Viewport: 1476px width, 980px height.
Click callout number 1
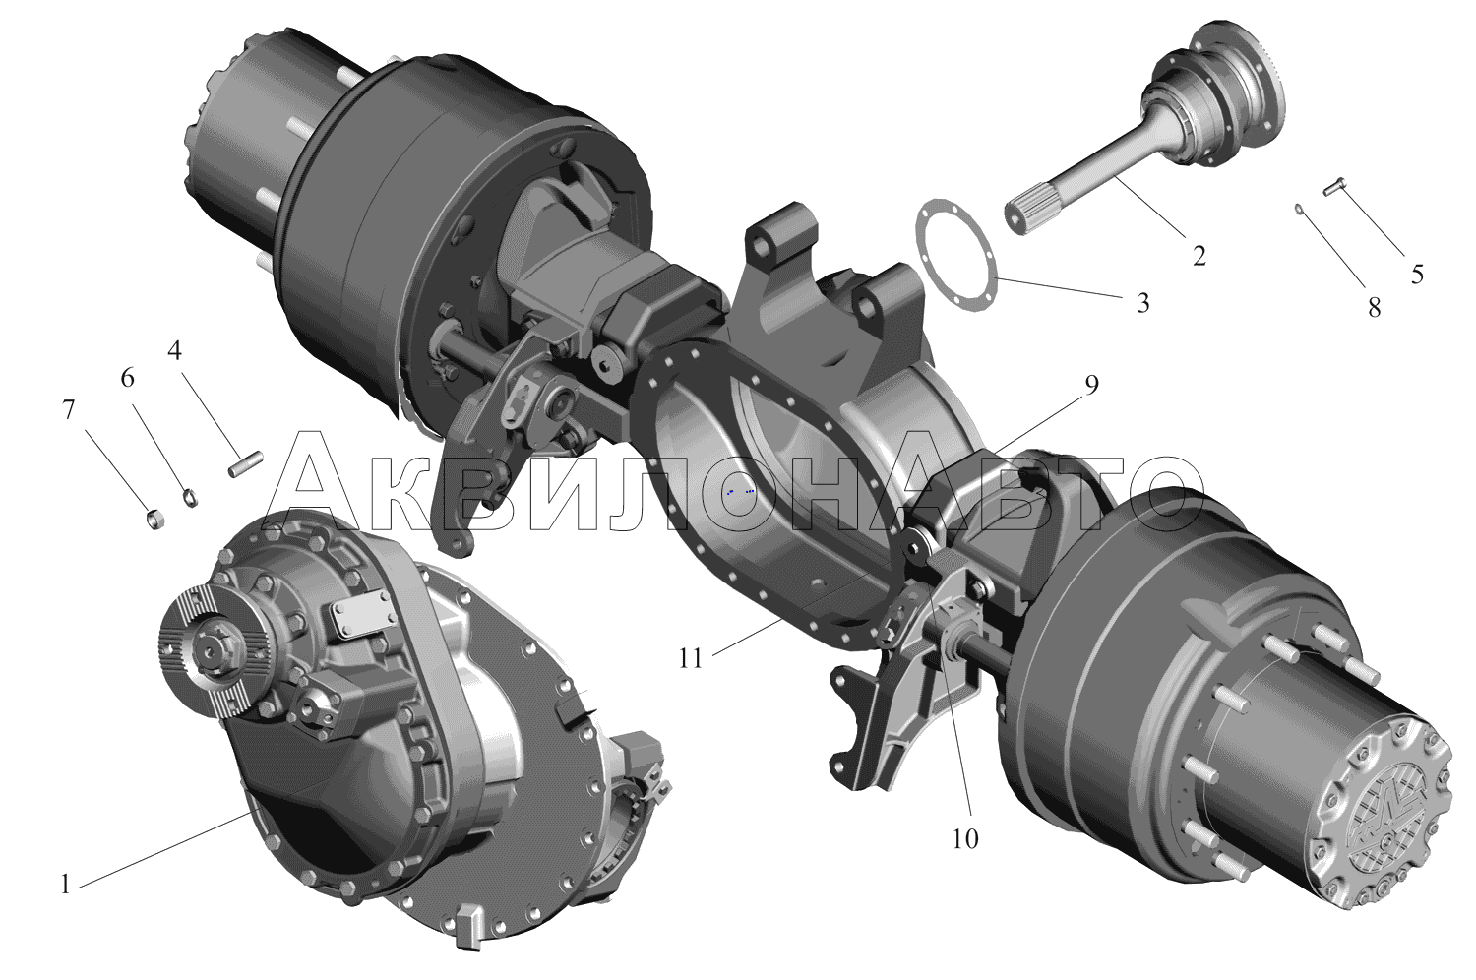[x=65, y=885]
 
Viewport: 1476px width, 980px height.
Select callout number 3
[x=1142, y=302]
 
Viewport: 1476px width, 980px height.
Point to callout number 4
[x=174, y=350]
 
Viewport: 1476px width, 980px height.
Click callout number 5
[x=1417, y=275]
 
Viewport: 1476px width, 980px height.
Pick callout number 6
[x=127, y=378]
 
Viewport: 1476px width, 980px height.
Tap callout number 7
[x=69, y=410]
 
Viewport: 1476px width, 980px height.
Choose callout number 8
[x=1374, y=307]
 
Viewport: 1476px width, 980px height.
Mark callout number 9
[x=1092, y=386]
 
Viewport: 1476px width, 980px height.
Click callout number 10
[x=964, y=839]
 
